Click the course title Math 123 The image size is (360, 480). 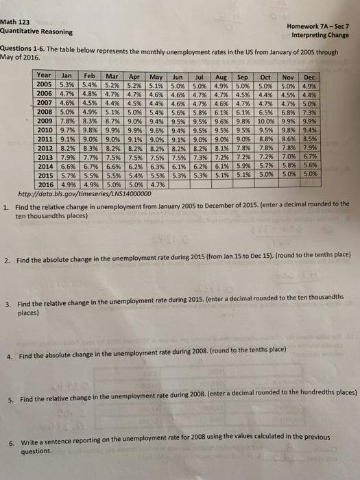[x=15, y=22]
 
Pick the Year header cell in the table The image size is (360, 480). [x=45, y=75]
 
